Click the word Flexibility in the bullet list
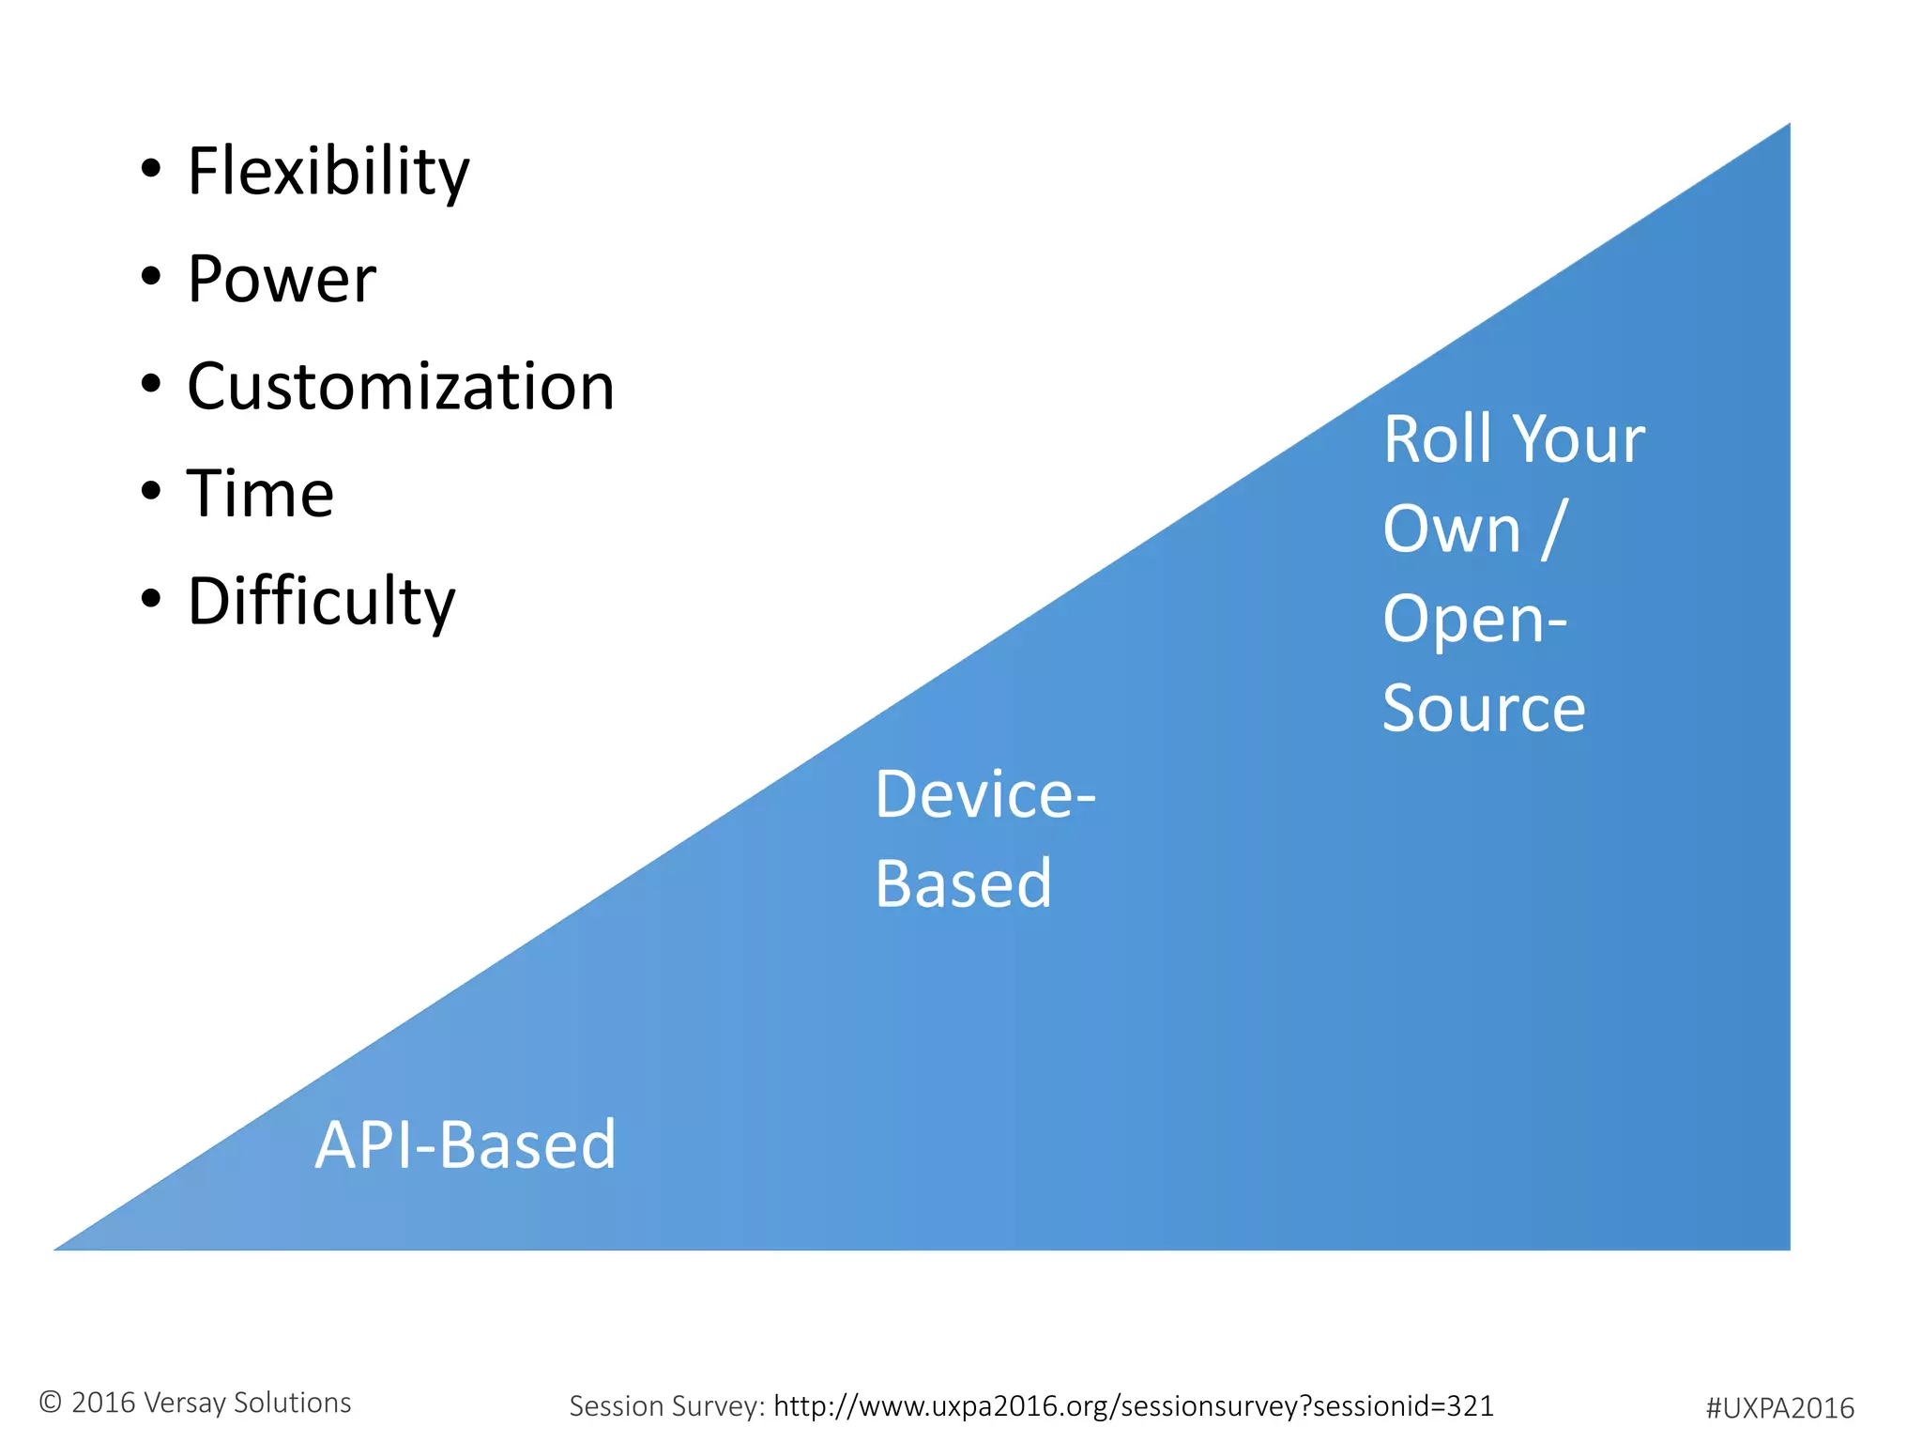328,173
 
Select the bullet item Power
282,280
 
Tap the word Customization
401,387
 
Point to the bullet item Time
260,494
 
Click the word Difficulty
321,601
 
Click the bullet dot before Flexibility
151,170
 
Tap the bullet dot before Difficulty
151,598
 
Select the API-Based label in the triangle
465,1145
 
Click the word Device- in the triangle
984,795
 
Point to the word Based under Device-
963,884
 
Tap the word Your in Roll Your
1579,439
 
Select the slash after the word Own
1554,529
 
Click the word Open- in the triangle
1474,620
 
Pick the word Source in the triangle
1484,709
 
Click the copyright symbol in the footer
51,1403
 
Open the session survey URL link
1133,1406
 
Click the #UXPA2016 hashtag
1779,1408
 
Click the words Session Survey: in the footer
667,1406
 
